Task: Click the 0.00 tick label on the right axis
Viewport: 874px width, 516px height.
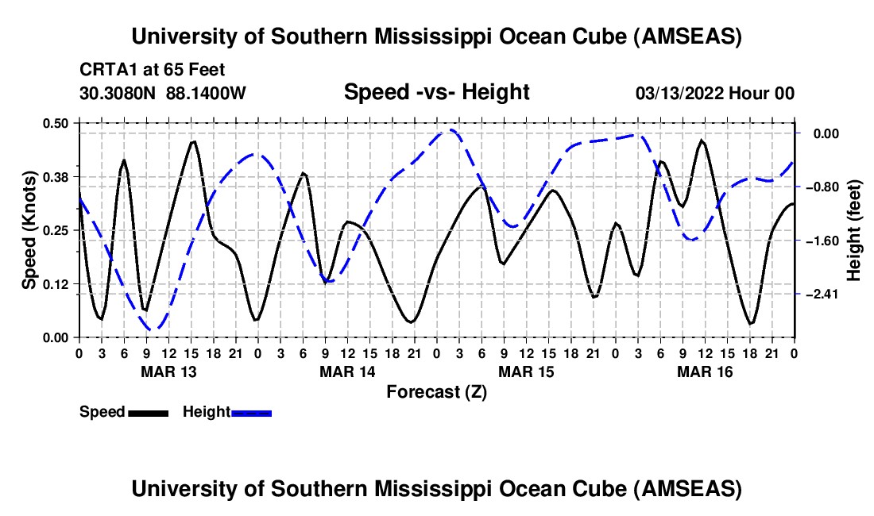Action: [x=822, y=133]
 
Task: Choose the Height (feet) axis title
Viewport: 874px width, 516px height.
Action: [x=854, y=230]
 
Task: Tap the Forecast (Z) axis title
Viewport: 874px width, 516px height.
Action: [x=436, y=391]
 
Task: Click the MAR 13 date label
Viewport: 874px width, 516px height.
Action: [x=168, y=372]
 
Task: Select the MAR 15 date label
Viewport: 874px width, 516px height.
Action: [x=526, y=372]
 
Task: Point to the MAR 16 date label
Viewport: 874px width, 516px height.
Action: [x=705, y=372]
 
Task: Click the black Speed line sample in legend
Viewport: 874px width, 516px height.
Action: [x=148, y=413]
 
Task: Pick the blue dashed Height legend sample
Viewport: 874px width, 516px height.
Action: [x=251, y=413]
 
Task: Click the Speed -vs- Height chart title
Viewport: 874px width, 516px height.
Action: [x=436, y=92]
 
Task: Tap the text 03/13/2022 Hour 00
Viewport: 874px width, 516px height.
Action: [x=715, y=94]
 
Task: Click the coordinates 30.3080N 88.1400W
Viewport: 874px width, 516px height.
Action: [x=163, y=94]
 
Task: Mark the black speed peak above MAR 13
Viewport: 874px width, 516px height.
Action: [x=193, y=142]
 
